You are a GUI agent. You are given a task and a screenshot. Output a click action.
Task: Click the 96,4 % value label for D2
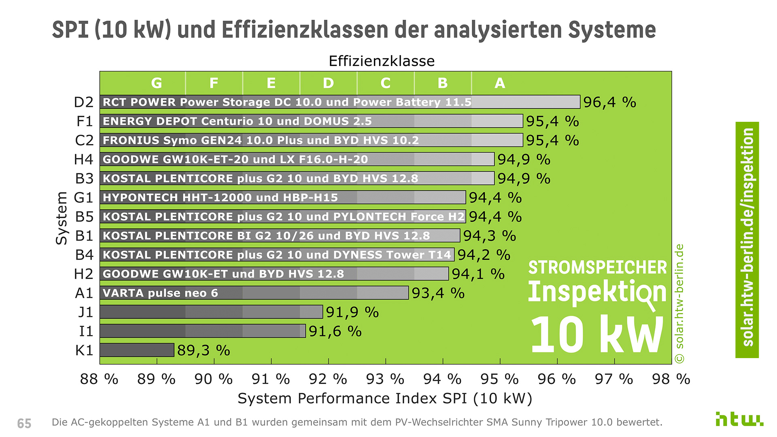point(609,102)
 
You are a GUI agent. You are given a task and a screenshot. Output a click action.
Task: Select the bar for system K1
point(137,350)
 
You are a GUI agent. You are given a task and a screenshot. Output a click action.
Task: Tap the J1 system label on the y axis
point(85,312)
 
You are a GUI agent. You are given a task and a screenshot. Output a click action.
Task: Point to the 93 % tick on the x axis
point(385,379)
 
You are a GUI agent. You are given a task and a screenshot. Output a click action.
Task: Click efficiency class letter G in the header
point(157,83)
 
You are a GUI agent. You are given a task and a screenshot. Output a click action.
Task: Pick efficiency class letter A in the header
point(500,83)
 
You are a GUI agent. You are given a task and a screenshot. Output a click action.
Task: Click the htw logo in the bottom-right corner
point(739,419)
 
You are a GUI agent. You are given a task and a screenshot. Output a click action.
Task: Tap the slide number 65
point(24,423)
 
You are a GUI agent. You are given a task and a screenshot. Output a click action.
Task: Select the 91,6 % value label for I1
point(335,331)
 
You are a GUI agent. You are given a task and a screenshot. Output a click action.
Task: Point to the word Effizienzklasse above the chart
point(381,61)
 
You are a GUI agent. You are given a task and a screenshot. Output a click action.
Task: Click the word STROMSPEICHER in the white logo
point(597,267)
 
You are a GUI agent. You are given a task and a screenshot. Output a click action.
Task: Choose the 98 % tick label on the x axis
point(671,379)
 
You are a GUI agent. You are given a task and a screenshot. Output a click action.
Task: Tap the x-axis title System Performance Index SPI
point(384,399)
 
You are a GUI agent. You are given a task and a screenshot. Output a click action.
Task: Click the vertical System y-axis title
point(62,218)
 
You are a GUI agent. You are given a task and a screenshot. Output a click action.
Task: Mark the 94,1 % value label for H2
point(478,274)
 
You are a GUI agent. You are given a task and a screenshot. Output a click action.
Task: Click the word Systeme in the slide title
point(611,30)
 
